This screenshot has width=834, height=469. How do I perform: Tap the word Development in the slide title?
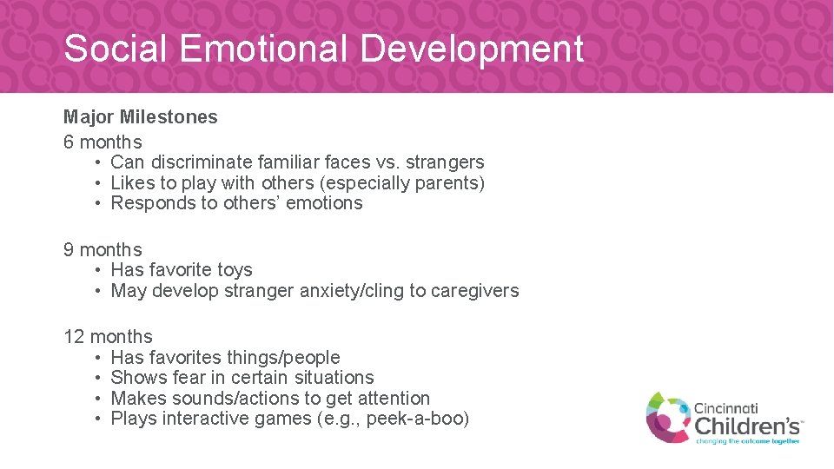pos(472,49)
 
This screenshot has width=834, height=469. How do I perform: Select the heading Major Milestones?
pos(141,117)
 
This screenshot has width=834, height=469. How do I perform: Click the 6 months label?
pos(103,142)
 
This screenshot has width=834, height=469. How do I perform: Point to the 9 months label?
pos(103,250)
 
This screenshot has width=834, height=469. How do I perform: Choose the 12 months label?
pos(108,337)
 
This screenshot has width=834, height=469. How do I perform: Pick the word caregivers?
pos(475,291)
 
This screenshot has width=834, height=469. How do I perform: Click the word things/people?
pos(283,358)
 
